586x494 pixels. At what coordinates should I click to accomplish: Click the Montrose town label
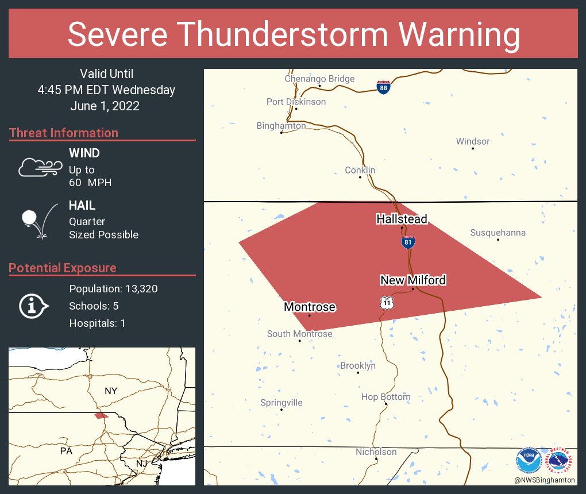[310, 307]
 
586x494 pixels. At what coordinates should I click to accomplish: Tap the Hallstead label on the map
[402, 219]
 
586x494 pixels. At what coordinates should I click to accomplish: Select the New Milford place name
[413, 280]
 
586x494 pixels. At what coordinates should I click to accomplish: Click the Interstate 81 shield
[407, 242]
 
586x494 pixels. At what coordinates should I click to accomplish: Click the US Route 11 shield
[387, 302]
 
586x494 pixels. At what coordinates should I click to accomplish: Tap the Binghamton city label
[281, 126]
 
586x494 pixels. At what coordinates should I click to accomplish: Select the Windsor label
[473, 141]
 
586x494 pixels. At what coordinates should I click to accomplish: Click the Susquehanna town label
[498, 233]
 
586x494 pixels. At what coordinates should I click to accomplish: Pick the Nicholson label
[376, 452]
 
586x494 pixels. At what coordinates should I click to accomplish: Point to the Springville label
[281, 403]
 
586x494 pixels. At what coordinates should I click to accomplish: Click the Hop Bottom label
[385, 397]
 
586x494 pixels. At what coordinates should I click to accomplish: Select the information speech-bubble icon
[33, 306]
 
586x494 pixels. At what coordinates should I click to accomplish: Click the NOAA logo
[528, 460]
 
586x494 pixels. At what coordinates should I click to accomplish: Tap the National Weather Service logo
[560, 460]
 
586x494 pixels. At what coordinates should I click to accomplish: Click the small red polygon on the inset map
[101, 415]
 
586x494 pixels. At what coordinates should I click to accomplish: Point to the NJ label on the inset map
[141, 464]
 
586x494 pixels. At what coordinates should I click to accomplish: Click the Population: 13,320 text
[113, 288]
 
